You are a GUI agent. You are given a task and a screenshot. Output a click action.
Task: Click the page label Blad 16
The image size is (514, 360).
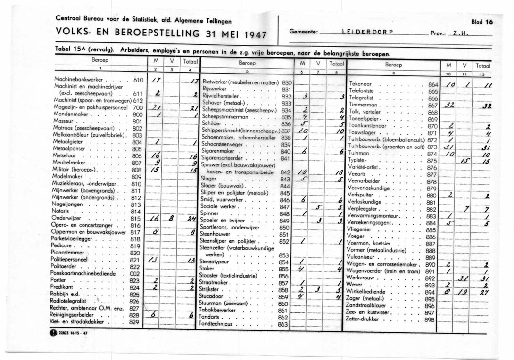click(481, 22)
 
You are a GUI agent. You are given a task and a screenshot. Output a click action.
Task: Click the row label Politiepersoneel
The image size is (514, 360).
click(69, 260)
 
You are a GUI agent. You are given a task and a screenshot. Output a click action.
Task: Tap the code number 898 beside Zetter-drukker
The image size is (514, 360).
click(429, 319)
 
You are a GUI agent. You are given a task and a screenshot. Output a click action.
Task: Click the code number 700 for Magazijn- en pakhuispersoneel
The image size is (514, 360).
click(137, 108)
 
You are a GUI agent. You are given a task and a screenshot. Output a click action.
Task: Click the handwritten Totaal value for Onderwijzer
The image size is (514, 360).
click(191, 219)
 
